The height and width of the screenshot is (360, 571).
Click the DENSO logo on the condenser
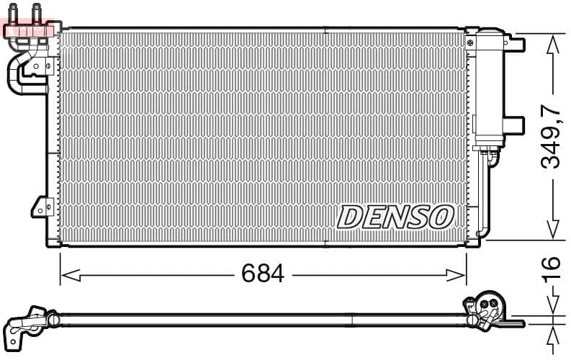pyautogui.click(x=395, y=216)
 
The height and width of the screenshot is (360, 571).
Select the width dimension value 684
pyautogui.click(x=263, y=274)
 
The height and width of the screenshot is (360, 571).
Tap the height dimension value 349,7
pyautogui.click(x=551, y=137)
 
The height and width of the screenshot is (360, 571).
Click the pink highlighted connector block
pyautogui.click(x=29, y=30)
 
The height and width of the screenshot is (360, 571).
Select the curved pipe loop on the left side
pyautogui.click(x=14, y=76)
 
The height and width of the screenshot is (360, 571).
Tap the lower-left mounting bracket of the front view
pyautogui.click(x=40, y=207)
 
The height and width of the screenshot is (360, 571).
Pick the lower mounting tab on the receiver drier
pyautogui.click(x=513, y=125)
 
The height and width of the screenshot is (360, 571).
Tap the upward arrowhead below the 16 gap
pyautogui.click(x=553, y=333)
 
